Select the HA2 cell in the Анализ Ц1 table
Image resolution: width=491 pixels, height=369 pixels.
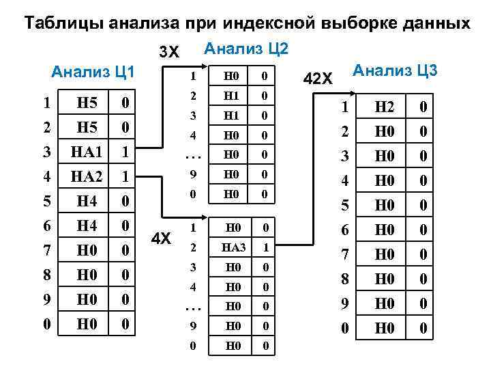point(86,177)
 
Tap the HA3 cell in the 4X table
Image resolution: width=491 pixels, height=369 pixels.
point(234,246)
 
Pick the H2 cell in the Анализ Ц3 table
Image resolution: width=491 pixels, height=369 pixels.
point(385,107)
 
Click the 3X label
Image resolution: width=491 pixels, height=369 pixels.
point(168,53)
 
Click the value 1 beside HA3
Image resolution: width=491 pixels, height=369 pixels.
point(265,246)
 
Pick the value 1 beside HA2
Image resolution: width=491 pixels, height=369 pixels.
point(125,177)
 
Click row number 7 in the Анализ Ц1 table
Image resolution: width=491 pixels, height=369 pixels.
point(46,251)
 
